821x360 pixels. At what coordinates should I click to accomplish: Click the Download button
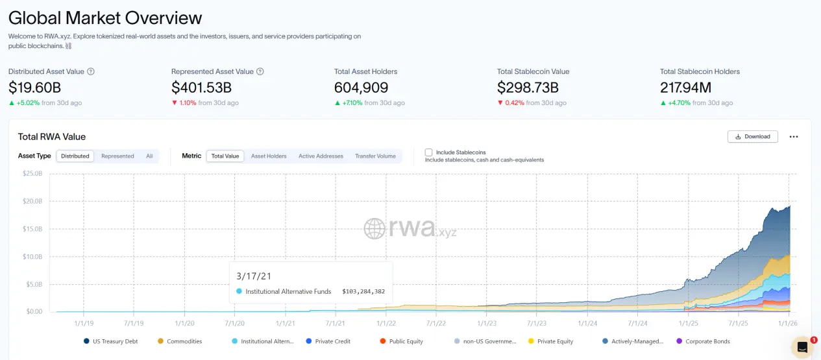[x=752, y=136]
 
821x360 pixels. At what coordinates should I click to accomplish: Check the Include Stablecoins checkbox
[x=429, y=152]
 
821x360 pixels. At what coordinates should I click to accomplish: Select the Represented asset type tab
[x=117, y=156]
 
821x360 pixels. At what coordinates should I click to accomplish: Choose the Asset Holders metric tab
[x=269, y=156]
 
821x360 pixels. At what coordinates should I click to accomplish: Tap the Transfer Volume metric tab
[x=375, y=156]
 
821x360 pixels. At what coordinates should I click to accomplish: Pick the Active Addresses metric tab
[x=321, y=156]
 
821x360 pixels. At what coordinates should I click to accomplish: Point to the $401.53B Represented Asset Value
[x=201, y=88]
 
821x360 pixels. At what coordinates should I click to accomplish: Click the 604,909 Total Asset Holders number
[x=361, y=88]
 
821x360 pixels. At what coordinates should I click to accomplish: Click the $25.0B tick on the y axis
[x=32, y=174]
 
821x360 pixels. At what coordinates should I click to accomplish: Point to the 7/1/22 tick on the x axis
[x=435, y=322]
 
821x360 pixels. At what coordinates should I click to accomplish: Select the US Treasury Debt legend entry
[x=112, y=341]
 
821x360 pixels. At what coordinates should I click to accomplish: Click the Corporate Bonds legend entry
[x=707, y=341]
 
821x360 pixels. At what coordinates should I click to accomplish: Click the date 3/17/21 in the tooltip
[x=255, y=276]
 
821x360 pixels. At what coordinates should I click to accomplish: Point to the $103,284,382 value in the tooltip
[x=363, y=292]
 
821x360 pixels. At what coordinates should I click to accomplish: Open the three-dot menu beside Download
[x=794, y=136]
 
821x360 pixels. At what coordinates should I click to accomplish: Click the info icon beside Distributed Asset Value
[x=91, y=71]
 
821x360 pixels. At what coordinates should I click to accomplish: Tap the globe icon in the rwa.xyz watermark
[x=374, y=228]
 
